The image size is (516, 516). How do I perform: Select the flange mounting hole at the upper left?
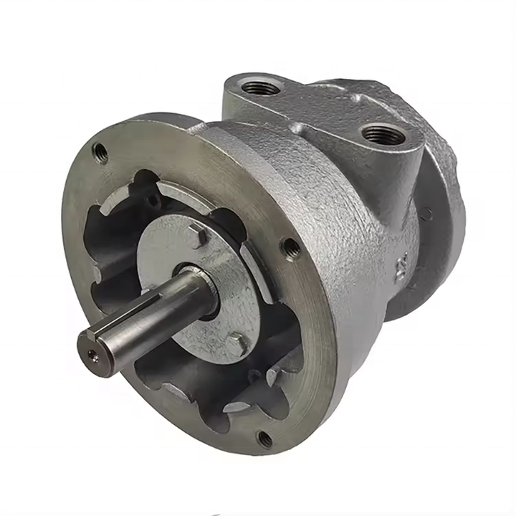(100, 152)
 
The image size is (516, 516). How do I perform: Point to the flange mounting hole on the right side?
(292, 248)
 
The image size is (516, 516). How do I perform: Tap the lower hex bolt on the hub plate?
(237, 343)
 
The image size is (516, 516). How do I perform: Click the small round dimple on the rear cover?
(428, 213)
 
